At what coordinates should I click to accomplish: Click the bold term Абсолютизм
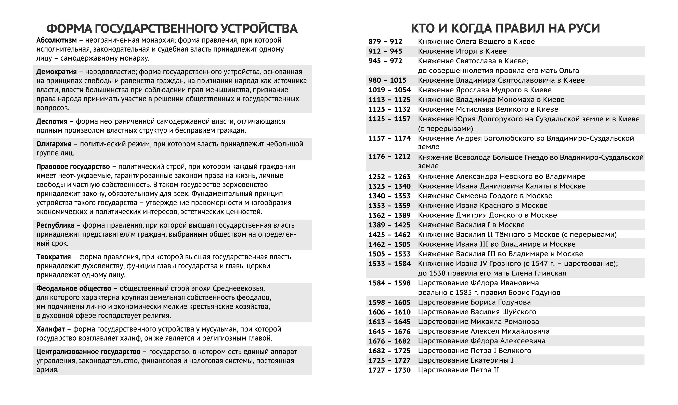coord(56,40)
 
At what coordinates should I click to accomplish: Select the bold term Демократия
coord(56,72)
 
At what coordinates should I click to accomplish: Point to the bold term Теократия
coord(54,257)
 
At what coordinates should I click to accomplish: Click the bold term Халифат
coord(50,329)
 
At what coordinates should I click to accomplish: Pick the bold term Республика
coord(55,225)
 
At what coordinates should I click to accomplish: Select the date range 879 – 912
coord(385,42)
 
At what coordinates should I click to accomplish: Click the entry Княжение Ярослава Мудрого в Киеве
coord(485,90)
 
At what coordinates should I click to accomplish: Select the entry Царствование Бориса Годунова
coord(474,302)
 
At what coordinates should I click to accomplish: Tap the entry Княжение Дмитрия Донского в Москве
coord(487,215)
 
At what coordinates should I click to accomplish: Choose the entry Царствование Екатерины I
coord(466,361)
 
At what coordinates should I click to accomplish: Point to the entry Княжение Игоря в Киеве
coord(462,51)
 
